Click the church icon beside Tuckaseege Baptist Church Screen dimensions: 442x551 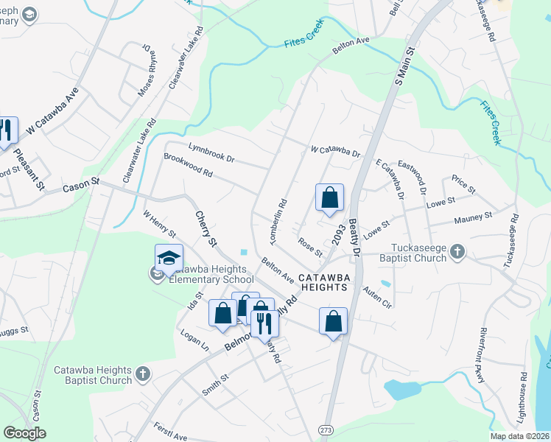click(457, 253)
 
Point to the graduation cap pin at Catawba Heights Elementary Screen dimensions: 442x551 click(169, 259)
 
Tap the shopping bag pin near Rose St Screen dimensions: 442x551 click(329, 198)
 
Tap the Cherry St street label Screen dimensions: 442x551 click(206, 228)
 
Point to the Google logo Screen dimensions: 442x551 click(24, 433)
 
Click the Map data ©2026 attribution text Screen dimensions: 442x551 click(520, 436)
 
